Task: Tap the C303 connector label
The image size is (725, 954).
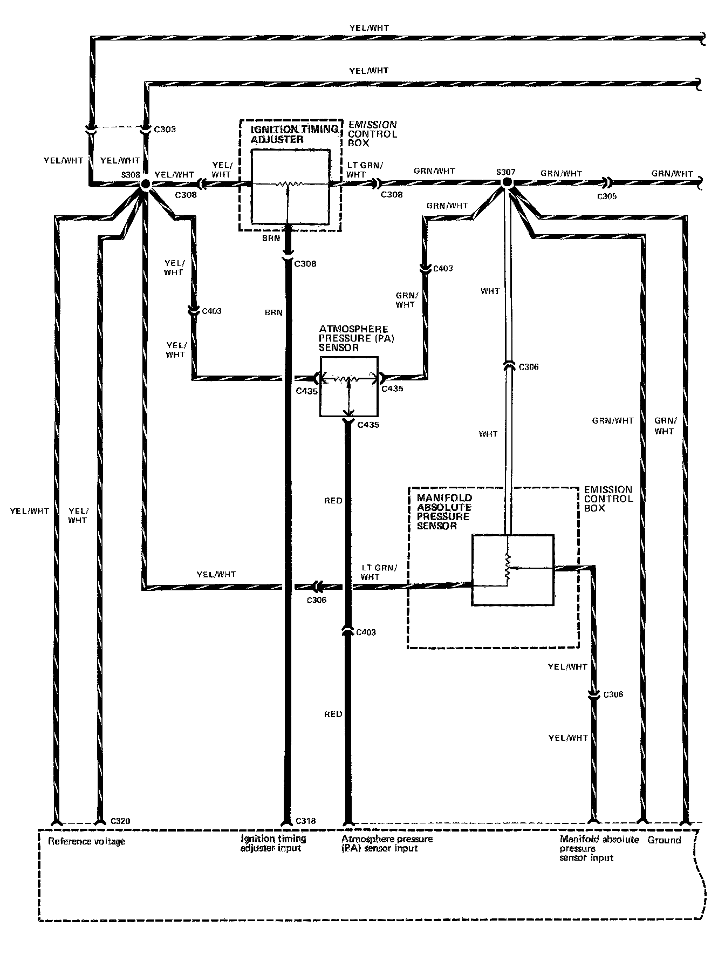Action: (165, 130)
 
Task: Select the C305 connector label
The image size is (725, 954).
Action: (606, 196)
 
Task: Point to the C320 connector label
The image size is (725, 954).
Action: (120, 821)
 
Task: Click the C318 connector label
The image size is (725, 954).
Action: (305, 821)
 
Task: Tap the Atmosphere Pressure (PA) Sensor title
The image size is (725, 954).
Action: (353, 338)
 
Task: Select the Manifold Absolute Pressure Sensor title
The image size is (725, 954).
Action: (444, 512)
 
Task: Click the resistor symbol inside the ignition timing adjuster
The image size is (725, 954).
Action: (289, 185)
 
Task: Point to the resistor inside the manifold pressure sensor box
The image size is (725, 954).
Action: (507, 568)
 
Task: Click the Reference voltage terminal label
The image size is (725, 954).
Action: (86, 841)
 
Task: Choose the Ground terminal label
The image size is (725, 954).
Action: (664, 840)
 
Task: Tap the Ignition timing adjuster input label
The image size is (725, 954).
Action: (273, 843)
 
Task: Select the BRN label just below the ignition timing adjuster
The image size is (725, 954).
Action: (271, 238)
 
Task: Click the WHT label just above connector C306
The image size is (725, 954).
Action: (490, 291)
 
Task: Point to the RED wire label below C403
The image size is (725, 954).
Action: (333, 714)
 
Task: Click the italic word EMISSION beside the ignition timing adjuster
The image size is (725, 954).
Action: (373, 125)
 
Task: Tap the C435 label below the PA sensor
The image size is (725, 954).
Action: (368, 425)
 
